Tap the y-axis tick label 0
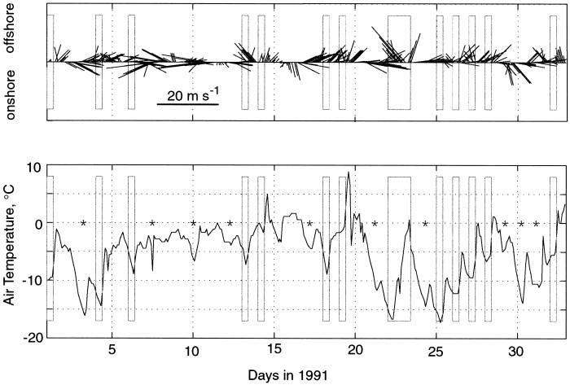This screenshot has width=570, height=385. coord(37,222)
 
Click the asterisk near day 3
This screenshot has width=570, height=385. coord(83,223)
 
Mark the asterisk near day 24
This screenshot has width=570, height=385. coord(424,223)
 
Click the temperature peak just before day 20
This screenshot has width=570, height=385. coord(349,173)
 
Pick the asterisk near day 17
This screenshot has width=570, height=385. coord(309,223)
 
